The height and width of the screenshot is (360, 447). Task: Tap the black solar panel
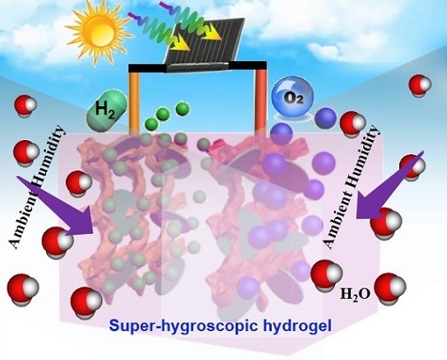pyautogui.click(x=205, y=43)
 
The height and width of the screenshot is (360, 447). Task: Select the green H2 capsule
pyautogui.click(x=107, y=111)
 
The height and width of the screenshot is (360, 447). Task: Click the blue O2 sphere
pyautogui.click(x=292, y=97)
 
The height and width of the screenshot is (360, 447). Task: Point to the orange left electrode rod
pyautogui.click(x=134, y=103)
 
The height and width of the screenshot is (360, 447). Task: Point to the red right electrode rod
pyautogui.click(x=261, y=103)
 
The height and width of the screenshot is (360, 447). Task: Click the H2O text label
pyautogui.click(x=355, y=294)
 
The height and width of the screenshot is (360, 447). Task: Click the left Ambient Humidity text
pyautogui.click(x=37, y=187)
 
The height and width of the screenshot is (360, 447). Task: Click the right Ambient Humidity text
pyautogui.click(x=352, y=187)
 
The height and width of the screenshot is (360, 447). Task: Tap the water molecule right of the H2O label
pyautogui.click(x=390, y=287)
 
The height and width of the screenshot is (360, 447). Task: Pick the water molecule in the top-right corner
pyautogui.click(x=420, y=85)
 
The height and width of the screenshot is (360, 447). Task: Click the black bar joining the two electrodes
pyautogui.click(x=198, y=68)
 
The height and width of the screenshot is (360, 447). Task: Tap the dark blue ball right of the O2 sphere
pyautogui.click(x=326, y=119)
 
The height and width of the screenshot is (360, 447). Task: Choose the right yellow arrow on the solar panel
pyautogui.click(x=212, y=32)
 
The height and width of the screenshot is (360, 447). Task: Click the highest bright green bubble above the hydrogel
pyautogui.click(x=183, y=109)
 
